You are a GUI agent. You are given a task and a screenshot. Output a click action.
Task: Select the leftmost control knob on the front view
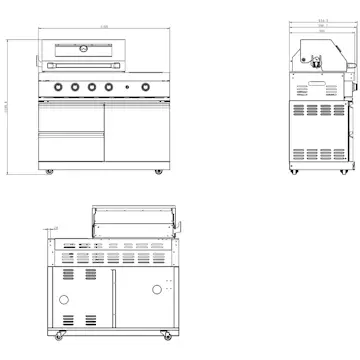[57, 88]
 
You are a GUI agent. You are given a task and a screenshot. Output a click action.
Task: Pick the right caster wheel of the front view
[156, 173]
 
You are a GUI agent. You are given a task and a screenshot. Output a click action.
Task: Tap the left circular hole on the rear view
[65, 300]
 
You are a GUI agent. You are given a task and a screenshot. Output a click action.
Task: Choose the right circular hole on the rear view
[157, 290]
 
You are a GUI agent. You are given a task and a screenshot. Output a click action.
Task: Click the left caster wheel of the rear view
[57, 331]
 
